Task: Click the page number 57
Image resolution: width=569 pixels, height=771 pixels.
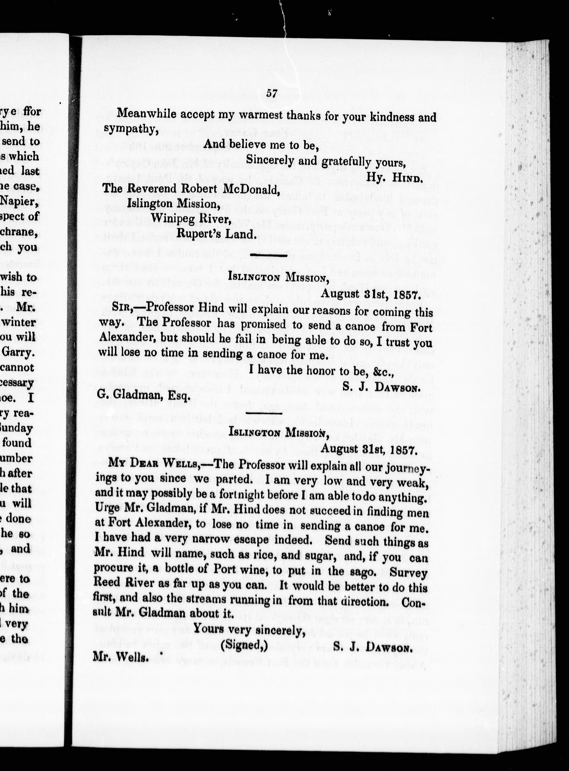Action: point(271,93)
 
